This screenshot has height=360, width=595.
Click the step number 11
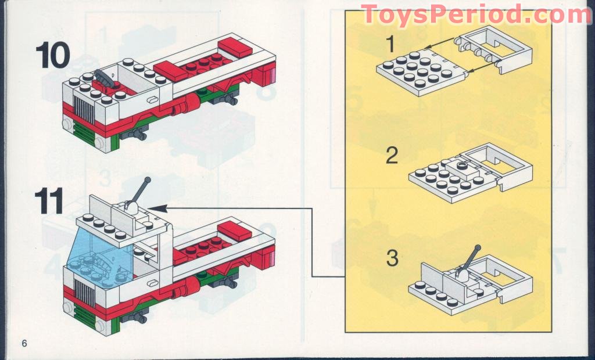(x=49, y=201)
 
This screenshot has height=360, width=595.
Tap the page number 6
(x=24, y=343)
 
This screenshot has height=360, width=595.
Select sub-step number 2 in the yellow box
(x=392, y=156)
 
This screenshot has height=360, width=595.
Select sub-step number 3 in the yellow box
(x=393, y=258)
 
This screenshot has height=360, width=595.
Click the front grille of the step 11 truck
(x=84, y=293)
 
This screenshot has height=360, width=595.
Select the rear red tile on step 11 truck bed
(x=235, y=231)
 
